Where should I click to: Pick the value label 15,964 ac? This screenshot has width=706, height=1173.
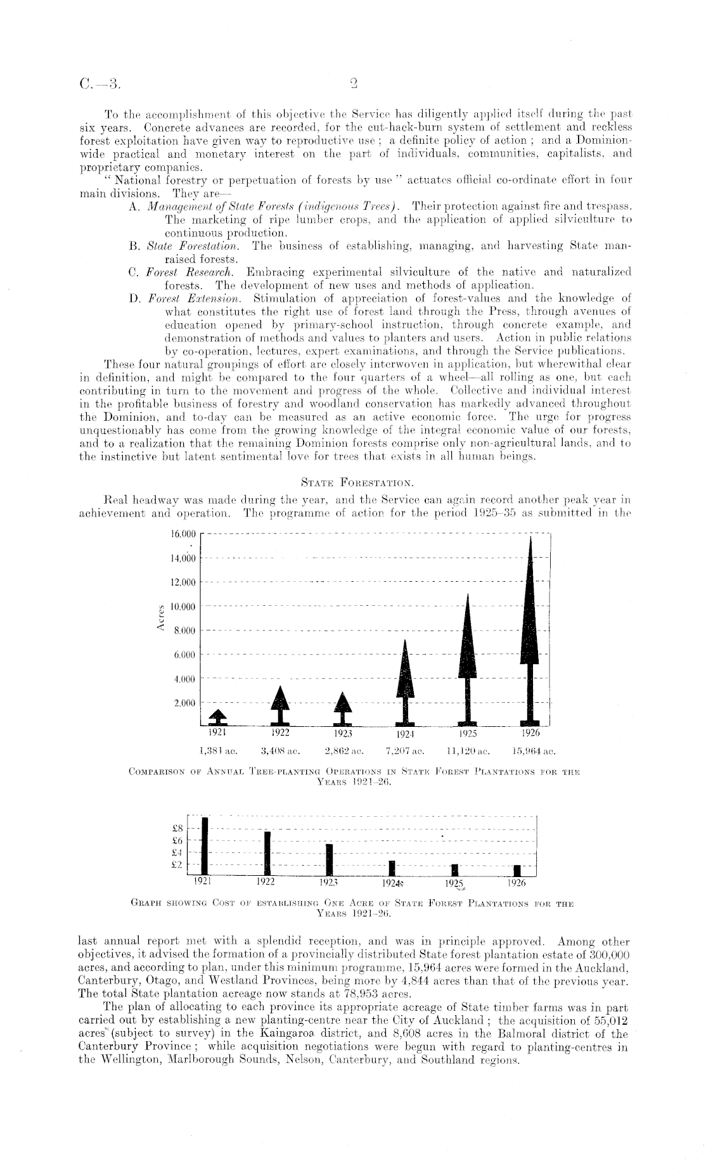(532, 752)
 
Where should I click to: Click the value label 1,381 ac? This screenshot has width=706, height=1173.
(218, 752)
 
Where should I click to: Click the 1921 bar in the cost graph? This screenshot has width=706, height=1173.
(205, 845)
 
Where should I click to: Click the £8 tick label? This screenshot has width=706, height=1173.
(178, 827)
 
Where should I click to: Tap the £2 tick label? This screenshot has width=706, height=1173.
(178, 864)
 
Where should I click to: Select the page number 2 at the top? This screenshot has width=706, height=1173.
(354, 82)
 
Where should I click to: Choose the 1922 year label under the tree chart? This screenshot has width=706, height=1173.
(279, 733)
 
